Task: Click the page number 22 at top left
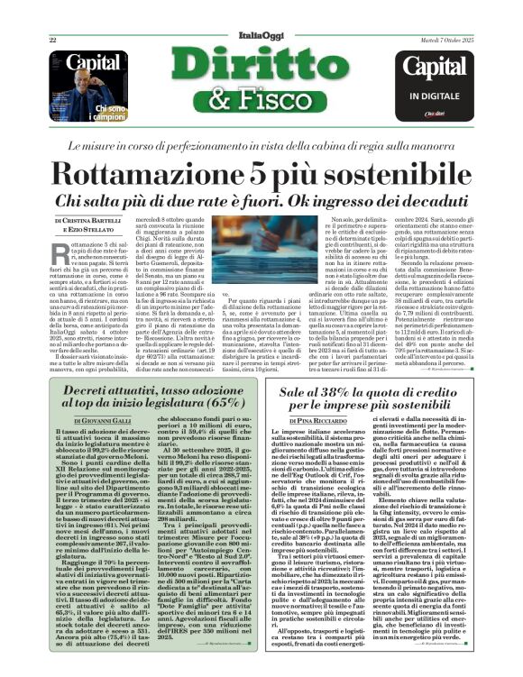click(53, 40)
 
